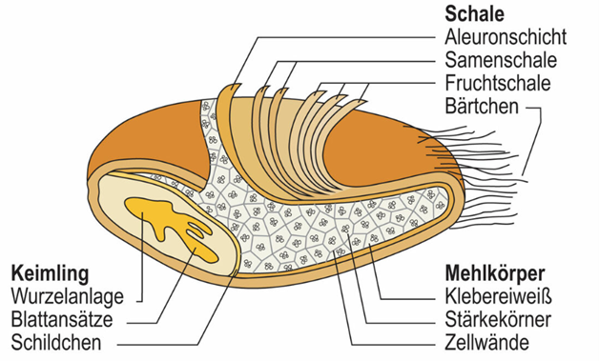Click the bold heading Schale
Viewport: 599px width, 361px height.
click(x=474, y=14)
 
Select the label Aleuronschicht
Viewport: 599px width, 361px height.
click(x=506, y=37)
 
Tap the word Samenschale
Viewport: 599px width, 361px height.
click(x=501, y=60)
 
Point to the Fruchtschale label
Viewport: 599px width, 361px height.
click(x=498, y=83)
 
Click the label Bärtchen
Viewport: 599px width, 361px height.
click(x=482, y=106)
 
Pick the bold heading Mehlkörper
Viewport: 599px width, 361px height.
click(x=495, y=273)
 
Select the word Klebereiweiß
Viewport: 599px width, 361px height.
click(x=499, y=296)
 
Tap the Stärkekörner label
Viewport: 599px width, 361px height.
click(x=498, y=319)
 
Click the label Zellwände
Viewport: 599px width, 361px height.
click(x=487, y=342)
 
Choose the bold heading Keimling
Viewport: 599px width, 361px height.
click(x=50, y=273)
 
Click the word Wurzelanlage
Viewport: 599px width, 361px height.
click(x=68, y=296)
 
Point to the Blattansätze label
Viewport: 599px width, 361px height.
click(x=62, y=319)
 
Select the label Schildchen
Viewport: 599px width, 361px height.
click(x=56, y=343)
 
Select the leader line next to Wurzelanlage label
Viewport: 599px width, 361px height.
click(x=142, y=259)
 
